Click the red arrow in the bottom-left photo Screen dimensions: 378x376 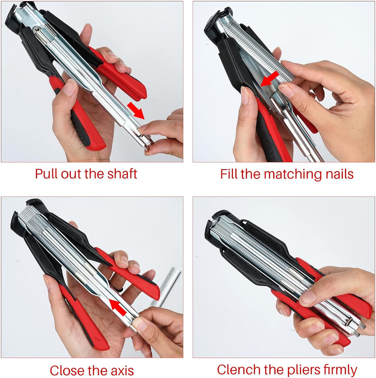coord(117,307)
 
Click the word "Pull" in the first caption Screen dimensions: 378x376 coord(46,174)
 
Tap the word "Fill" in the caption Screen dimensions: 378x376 coord(229,174)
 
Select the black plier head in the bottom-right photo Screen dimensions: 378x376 coord(218,226)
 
